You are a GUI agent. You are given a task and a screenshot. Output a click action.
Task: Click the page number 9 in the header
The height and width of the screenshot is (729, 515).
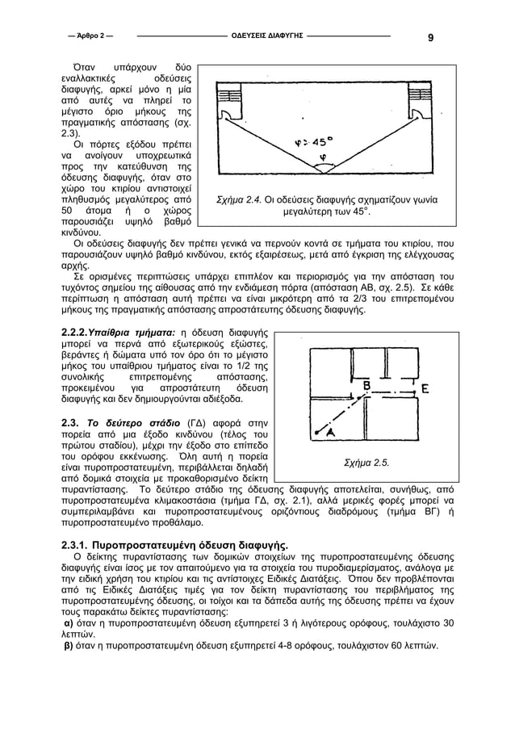click(x=430, y=37)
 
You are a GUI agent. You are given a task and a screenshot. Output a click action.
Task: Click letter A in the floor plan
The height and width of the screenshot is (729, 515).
click(x=330, y=433)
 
